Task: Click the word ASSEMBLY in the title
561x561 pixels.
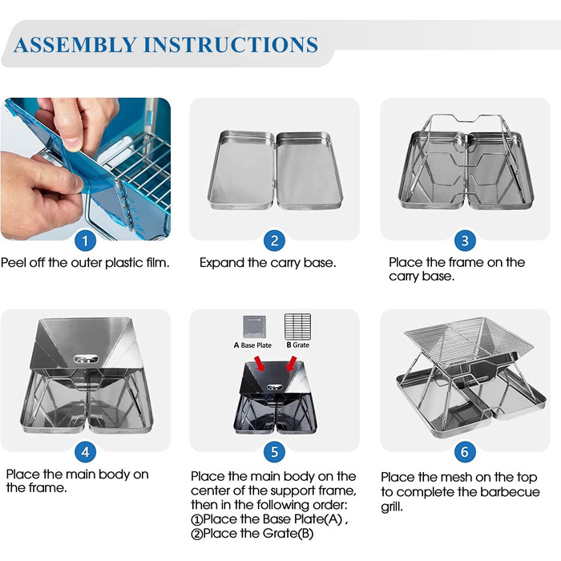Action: (x=75, y=45)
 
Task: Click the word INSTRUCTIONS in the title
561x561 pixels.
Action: (x=231, y=45)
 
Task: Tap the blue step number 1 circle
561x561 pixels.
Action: (x=85, y=240)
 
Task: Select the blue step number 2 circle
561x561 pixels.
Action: (x=274, y=240)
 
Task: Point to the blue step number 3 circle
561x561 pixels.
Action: (x=465, y=240)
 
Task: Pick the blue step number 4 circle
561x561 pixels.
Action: (x=85, y=452)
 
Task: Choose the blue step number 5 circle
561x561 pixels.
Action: (x=274, y=452)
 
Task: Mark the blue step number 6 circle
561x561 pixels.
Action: (x=465, y=452)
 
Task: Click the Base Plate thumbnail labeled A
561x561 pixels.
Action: (x=254, y=327)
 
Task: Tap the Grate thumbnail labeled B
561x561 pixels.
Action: (x=297, y=327)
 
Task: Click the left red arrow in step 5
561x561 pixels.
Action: (x=260, y=365)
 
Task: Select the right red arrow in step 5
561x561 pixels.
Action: (x=291, y=364)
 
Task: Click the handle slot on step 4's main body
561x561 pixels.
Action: (x=86, y=358)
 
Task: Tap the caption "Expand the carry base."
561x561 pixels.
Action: (x=268, y=263)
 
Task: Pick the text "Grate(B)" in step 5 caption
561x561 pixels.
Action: (x=288, y=534)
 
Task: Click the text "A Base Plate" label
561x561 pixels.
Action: (x=252, y=345)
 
